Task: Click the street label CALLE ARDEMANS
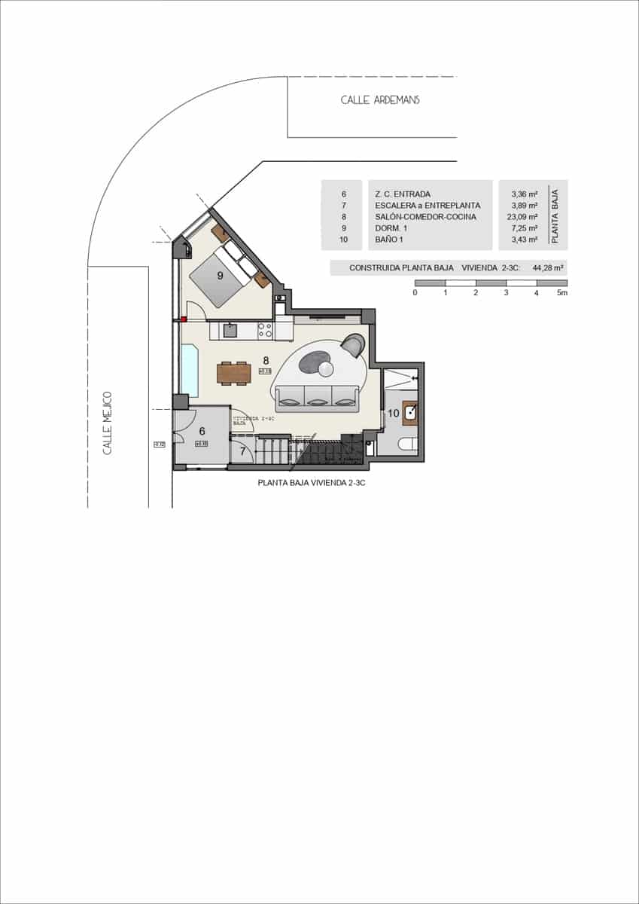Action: [x=380, y=100]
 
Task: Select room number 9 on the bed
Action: [x=220, y=276]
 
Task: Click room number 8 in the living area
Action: [x=265, y=360]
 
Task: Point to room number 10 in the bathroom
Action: [x=393, y=413]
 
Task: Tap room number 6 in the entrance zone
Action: [x=202, y=432]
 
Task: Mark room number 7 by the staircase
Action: [x=242, y=452]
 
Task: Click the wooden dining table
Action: [x=233, y=373]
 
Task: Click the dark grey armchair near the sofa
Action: [x=354, y=345]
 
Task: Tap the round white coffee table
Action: [x=326, y=368]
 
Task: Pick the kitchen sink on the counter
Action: [x=231, y=330]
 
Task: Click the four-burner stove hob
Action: [x=265, y=330]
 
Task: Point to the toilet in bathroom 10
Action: [x=407, y=444]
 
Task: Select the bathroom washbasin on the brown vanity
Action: [x=411, y=411]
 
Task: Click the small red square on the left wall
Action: [x=183, y=319]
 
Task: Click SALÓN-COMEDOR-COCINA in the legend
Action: [x=425, y=216]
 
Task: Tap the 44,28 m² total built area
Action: [x=548, y=267]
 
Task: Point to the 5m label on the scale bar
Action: [x=561, y=292]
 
